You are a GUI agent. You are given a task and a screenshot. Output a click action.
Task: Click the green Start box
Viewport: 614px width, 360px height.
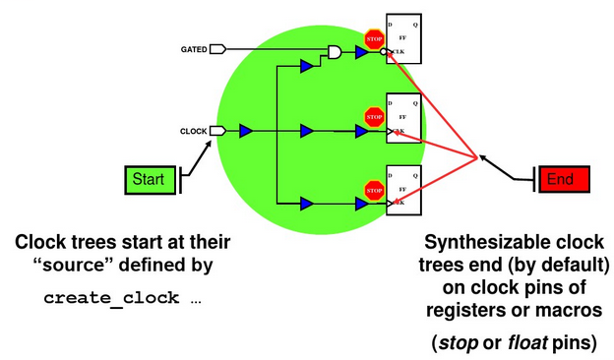(149, 179)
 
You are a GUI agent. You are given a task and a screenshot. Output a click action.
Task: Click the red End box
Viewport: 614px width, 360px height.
(560, 179)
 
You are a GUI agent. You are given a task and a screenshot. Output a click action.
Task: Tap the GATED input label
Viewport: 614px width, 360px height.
(194, 49)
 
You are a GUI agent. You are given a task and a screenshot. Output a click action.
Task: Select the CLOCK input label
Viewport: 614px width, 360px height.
(194, 131)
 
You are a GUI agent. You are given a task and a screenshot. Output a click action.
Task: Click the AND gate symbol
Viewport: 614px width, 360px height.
(335, 51)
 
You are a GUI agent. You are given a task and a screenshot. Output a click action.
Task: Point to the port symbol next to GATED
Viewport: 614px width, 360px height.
(218, 49)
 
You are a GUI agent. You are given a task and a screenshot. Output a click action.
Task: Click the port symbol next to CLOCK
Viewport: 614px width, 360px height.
(218, 131)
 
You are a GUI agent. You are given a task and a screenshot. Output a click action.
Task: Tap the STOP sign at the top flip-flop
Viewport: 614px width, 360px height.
(373, 38)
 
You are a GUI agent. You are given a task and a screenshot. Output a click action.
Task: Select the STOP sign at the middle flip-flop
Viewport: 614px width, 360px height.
(373, 117)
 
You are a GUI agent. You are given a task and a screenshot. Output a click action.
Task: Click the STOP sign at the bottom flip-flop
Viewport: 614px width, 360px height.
(373, 190)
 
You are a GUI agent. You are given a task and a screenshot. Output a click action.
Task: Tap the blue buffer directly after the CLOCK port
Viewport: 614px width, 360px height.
(246, 131)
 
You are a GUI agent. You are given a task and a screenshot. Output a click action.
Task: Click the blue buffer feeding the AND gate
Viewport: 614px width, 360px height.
(307, 66)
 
